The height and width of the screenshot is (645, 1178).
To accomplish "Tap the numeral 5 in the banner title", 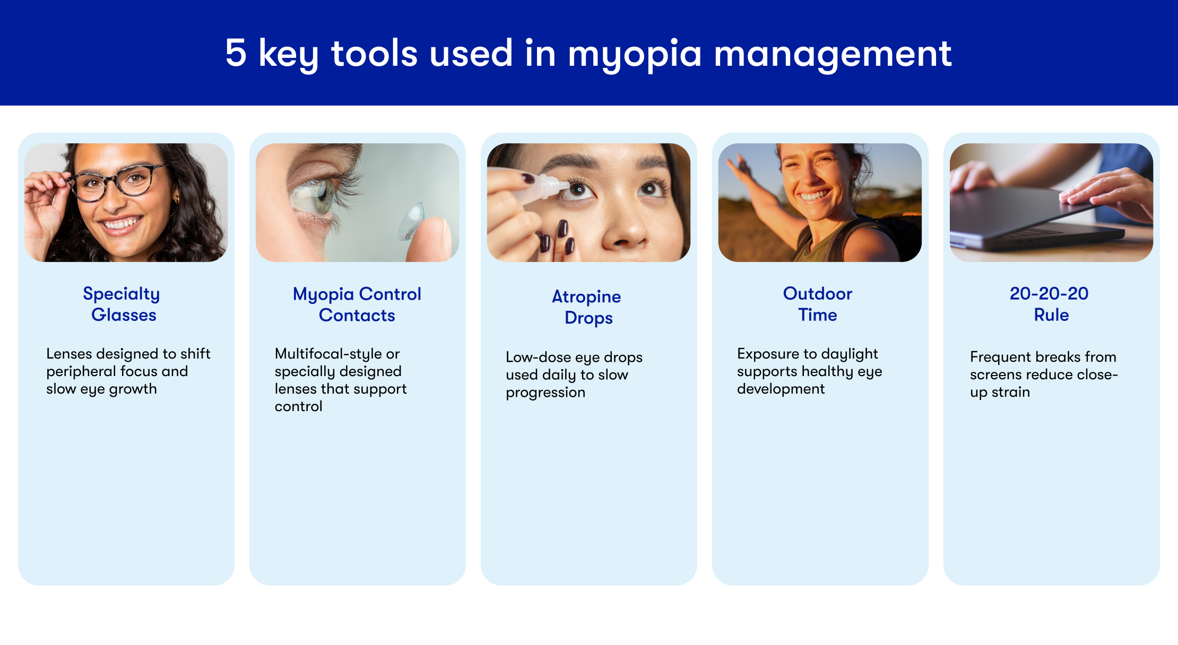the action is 236,53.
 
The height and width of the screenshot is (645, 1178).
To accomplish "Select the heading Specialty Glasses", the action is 122,304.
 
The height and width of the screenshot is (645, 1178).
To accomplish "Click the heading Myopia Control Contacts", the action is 357,304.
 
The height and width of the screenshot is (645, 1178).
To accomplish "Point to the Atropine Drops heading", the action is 587,307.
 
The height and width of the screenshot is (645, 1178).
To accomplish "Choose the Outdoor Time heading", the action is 818,304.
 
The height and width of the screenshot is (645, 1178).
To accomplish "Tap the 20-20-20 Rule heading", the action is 1050,304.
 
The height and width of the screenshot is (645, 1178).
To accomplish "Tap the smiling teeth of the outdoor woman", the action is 814,196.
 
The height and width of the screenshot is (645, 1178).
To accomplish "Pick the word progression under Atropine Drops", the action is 545,393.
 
